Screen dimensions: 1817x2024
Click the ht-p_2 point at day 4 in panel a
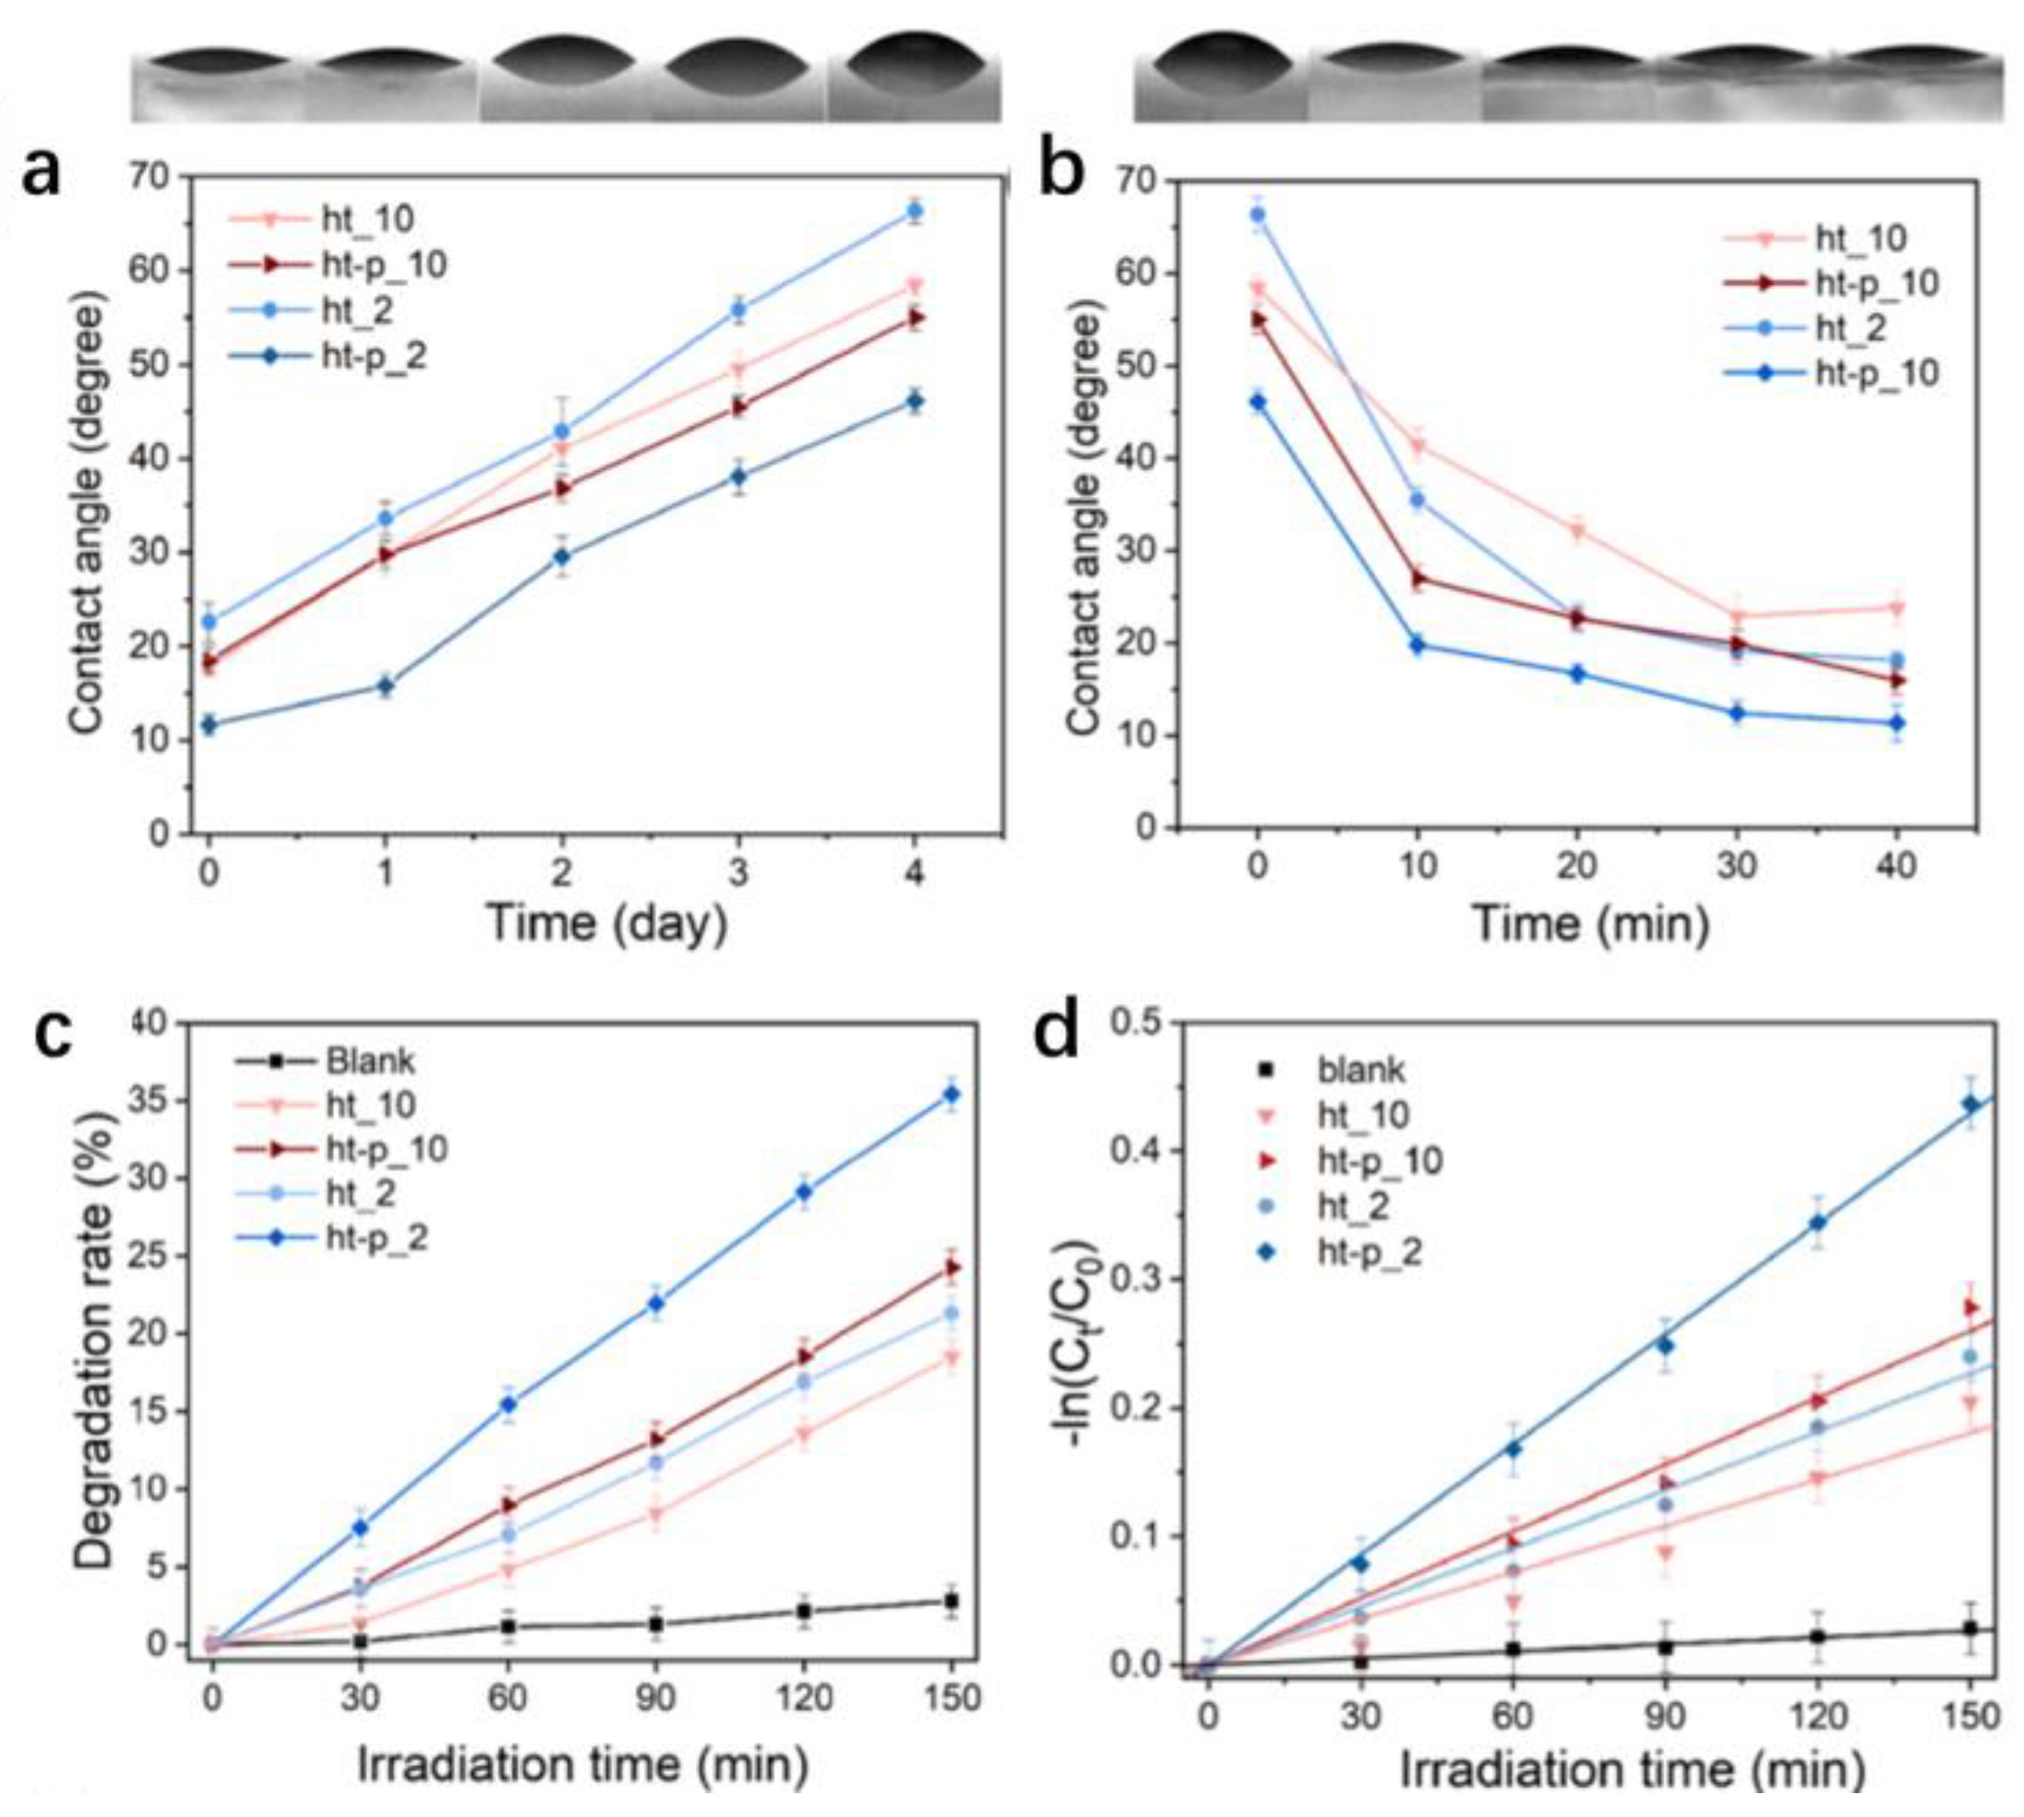pyautogui.click(x=913, y=401)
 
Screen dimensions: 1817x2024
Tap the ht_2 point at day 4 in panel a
pyautogui.click(x=913, y=210)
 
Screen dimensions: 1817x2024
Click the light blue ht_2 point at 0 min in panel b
pyautogui.click(x=1258, y=215)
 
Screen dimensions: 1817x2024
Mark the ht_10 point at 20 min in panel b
pyautogui.click(x=1577, y=531)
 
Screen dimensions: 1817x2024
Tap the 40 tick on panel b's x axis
pyautogui.click(x=1896, y=865)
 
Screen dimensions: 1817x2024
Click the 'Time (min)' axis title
pyautogui.click(x=1591, y=923)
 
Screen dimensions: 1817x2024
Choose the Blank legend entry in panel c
pyautogui.click(x=369, y=1060)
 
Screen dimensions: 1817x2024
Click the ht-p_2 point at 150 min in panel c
pyautogui.click(x=951, y=1094)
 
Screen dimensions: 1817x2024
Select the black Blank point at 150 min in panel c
pyautogui.click(x=951, y=1601)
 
